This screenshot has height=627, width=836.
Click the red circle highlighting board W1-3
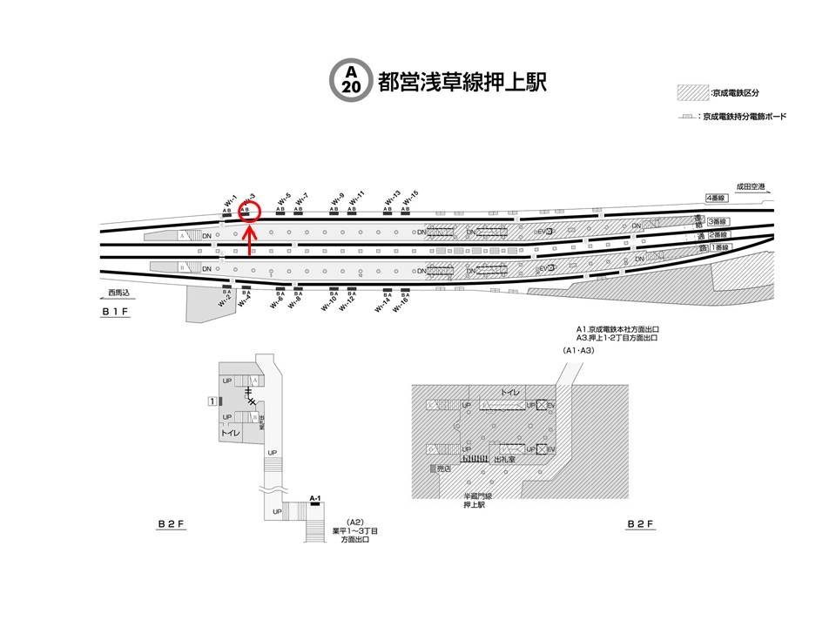pos(249,210)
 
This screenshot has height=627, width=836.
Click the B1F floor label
pos(115,312)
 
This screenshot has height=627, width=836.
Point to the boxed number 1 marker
pos(212,401)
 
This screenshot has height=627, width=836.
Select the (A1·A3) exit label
pos(578,350)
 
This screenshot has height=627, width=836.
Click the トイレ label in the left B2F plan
pos(230,432)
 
